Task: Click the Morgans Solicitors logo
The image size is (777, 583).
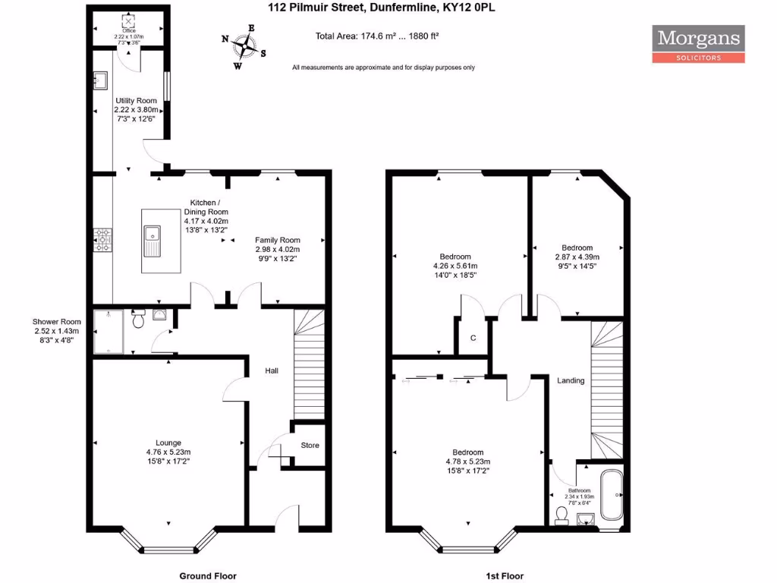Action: point(698,44)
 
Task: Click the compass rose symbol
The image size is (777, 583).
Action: point(244,46)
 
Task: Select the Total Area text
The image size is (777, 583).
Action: point(388,36)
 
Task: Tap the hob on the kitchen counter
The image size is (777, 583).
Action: point(102,241)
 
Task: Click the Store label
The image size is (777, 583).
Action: point(310,446)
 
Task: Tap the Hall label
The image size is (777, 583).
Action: point(271,371)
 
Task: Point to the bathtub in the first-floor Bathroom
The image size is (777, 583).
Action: point(611,497)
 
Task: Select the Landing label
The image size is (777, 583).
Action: point(571,380)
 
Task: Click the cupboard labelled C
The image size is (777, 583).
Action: point(472,338)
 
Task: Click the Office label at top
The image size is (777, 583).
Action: point(128,31)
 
